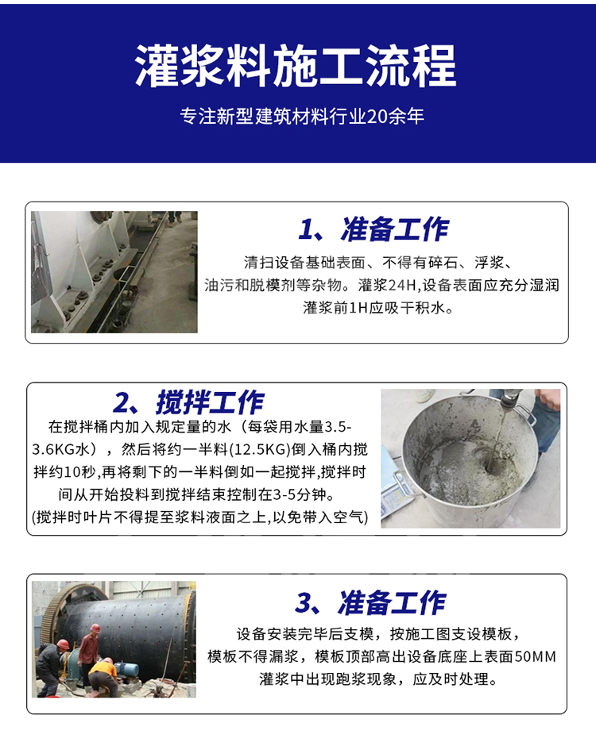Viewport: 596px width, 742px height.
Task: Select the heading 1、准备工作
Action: point(373,229)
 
